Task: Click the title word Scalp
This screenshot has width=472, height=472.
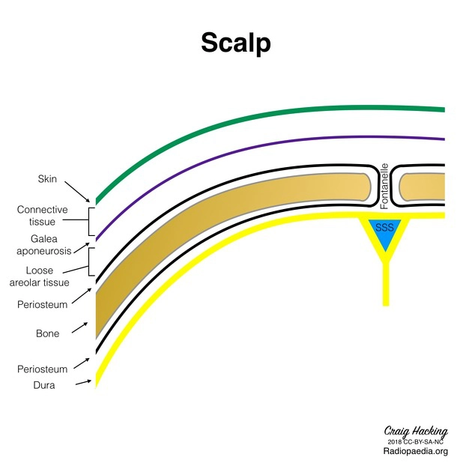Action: tap(235, 43)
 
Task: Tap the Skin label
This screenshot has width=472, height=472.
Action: tap(47, 179)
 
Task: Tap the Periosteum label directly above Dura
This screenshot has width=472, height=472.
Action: tap(42, 369)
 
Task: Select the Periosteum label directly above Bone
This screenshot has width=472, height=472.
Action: tap(42, 305)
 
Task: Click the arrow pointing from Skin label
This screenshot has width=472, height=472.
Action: tap(78, 190)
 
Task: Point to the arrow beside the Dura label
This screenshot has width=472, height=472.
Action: tap(83, 383)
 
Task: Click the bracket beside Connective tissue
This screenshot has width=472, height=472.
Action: tap(90, 222)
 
